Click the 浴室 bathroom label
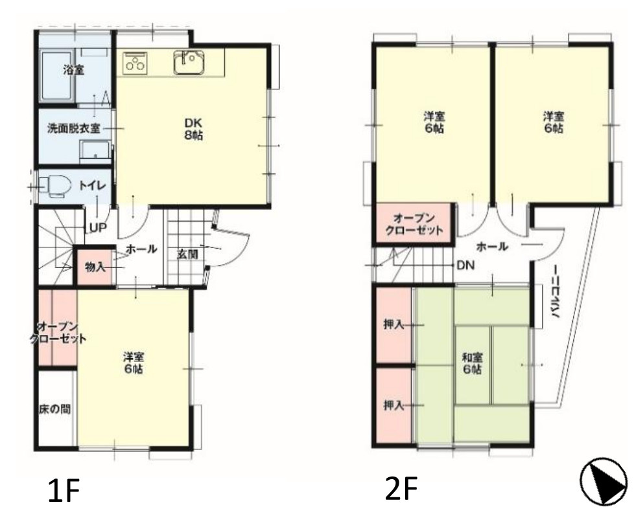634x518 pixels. tap(74, 70)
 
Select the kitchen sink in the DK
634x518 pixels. tap(189, 62)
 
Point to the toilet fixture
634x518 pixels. tap(56, 186)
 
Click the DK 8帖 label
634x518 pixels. tap(193, 129)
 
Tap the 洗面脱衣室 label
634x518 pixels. tap(73, 129)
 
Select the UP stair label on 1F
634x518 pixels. tap(97, 228)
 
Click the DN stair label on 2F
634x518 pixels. tap(465, 265)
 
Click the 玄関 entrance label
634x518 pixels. tap(187, 254)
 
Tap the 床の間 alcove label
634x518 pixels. tap(54, 409)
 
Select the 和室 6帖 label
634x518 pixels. tap(472, 363)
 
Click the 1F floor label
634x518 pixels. tap(63, 490)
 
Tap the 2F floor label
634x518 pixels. tap(401, 488)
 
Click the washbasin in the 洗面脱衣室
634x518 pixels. tap(95, 152)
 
